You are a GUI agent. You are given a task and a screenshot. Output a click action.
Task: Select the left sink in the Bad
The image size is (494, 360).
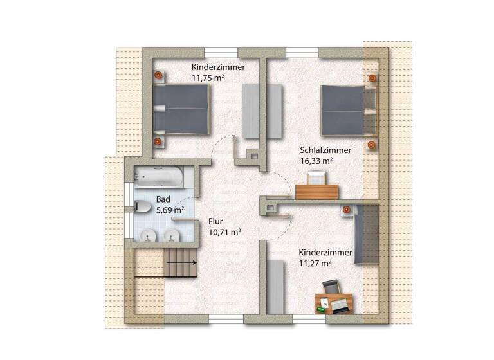point(150,235)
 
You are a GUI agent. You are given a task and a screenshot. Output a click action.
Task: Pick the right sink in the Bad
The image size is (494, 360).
point(172,235)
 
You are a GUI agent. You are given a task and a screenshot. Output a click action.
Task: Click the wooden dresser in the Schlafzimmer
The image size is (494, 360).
point(318,192)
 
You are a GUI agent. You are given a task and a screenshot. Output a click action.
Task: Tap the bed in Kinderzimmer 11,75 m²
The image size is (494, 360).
point(182,109)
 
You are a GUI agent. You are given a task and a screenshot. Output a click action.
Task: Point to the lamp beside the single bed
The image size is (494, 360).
point(347,209)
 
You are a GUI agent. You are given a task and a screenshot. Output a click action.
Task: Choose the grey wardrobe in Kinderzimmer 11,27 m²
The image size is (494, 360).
point(277,287)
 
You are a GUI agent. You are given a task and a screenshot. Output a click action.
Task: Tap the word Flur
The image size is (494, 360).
point(215,221)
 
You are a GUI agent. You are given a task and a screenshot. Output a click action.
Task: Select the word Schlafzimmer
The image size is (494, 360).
point(325,150)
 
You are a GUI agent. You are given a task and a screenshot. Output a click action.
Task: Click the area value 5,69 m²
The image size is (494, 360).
point(170,210)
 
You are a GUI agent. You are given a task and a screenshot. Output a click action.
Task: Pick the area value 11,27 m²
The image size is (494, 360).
point(315,262)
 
